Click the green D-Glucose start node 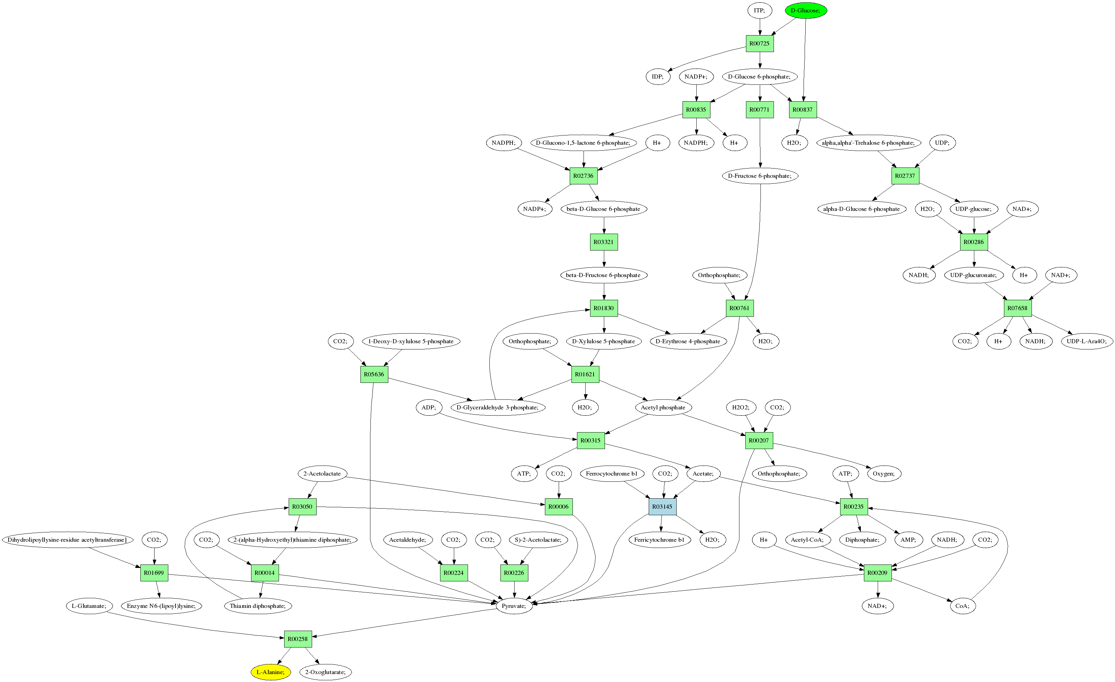tap(806, 10)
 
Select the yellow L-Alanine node tap(271, 672)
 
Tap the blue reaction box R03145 tap(663, 507)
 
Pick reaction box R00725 tap(759, 43)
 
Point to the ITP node tap(759, 10)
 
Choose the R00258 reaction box tap(298, 639)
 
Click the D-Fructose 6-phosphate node tap(760, 176)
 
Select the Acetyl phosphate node tap(663, 407)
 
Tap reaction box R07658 tap(1017, 308)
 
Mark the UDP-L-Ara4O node tap(1086, 341)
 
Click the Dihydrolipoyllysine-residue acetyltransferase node tap(68, 540)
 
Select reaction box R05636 tap(374, 374)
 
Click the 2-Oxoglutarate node tap(325, 672)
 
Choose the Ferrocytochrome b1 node tap(611, 474)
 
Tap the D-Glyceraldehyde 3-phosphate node tap(498, 407)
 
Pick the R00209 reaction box tap(877, 572)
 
